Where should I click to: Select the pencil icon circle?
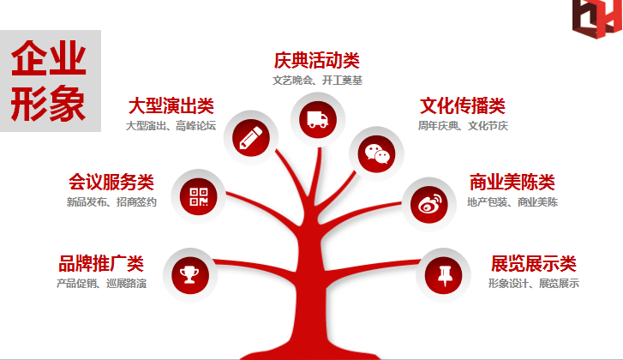[251, 137]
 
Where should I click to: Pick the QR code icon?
[200, 196]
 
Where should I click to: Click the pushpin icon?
[443, 274]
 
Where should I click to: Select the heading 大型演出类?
[171, 107]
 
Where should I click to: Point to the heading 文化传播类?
[463, 107]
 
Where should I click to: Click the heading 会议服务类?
[111, 183]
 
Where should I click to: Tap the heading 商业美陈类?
[512, 183]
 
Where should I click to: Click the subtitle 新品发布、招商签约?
[111, 203]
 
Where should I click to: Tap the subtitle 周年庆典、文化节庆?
[463, 126]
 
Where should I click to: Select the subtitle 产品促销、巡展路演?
[101, 284]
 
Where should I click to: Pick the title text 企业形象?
[50, 81]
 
